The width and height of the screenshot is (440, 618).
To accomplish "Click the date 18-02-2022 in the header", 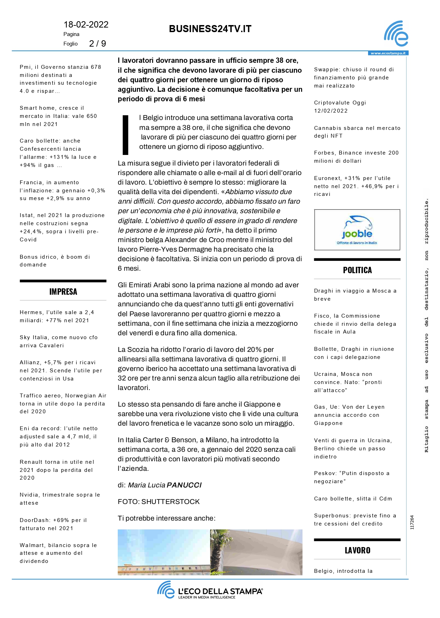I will point(86,25).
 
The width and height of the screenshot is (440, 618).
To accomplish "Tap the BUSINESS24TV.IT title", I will point(210,29).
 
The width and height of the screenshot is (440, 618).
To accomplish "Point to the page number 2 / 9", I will point(97,44).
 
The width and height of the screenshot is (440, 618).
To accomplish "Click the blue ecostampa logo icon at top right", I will point(396,34).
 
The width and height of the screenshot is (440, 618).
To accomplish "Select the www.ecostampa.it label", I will point(388,53).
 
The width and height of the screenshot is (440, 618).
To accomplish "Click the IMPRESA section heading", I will point(63,292).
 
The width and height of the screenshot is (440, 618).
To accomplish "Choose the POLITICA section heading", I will point(357,270).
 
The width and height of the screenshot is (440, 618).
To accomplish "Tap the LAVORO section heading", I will point(357,550).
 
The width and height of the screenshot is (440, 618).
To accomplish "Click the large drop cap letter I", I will point(126,135).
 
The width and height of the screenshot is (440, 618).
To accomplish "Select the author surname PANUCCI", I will point(184,485).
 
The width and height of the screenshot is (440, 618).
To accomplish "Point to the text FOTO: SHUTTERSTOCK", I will point(159,502).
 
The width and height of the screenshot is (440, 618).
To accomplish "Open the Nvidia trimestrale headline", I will point(60,499).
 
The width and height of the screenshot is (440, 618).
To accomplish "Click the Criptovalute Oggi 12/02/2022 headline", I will point(340,107).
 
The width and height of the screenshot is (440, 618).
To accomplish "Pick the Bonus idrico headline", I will point(55,261).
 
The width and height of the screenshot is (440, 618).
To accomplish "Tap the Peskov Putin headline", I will point(352,477).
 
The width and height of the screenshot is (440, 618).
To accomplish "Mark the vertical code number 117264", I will point(412,522).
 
